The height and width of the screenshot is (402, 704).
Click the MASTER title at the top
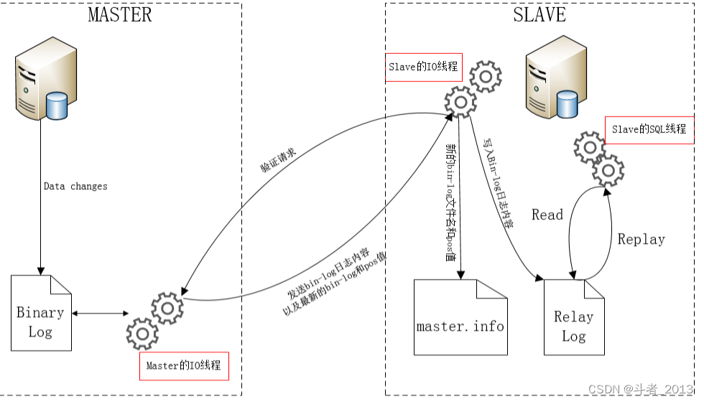pyautogui.click(x=120, y=14)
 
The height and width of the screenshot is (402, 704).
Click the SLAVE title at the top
pyautogui.click(x=539, y=14)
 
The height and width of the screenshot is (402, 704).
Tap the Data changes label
pyautogui.click(x=75, y=186)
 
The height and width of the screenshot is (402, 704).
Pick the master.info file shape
pyautogui.click(x=460, y=317)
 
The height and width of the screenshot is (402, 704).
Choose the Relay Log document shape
pyautogui.click(x=573, y=317)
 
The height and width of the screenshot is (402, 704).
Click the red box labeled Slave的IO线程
pyautogui.click(x=422, y=67)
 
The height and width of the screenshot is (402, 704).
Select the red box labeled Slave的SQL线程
pyautogui.click(x=649, y=129)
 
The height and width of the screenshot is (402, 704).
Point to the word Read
pyautogui.click(x=547, y=215)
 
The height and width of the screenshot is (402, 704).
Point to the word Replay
pyautogui.click(x=641, y=239)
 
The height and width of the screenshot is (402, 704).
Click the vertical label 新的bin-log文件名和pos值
pyautogui.click(x=451, y=205)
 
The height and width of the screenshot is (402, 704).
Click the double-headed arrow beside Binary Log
pyautogui.click(x=100, y=314)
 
